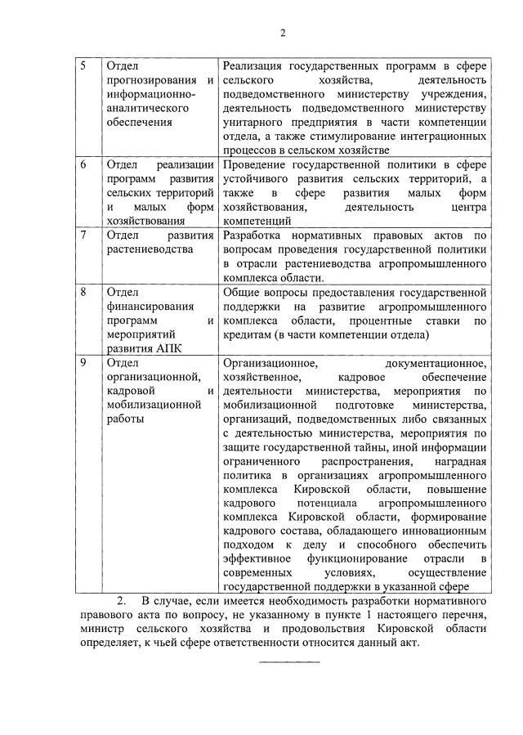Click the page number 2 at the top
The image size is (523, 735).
pyautogui.click(x=283, y=33)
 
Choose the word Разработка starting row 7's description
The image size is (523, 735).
pyautogui.click(x=258, y=235)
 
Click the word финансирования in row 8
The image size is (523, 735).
pyautogui.click(x=147, y=306)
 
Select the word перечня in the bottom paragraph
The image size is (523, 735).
pyautogui.click(x=462, y=616)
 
